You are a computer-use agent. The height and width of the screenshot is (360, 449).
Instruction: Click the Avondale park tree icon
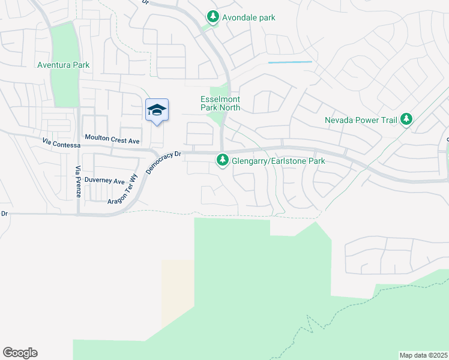click(212, 17)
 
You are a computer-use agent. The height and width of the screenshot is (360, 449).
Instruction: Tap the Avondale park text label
click(249, 17)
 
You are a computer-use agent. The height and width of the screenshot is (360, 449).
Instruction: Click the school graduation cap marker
click(157, 110)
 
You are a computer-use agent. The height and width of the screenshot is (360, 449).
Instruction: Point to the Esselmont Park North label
click(220, 103)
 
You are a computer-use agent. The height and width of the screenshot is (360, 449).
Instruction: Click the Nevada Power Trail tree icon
click(406, 119)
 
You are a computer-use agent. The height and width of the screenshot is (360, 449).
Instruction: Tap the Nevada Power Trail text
click(361, 120)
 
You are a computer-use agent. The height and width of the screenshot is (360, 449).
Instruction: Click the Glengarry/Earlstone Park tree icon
click(223, 160)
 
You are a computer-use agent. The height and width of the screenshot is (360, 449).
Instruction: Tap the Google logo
click(20, 353)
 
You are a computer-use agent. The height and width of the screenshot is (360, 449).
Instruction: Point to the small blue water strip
click(290, 62)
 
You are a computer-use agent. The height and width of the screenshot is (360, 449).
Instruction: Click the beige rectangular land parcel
click(178, 293)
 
